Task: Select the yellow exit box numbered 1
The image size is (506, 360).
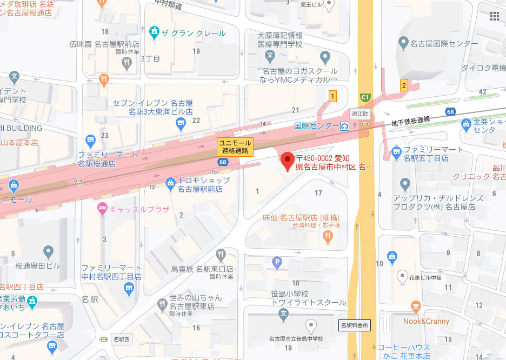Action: pos(332,96)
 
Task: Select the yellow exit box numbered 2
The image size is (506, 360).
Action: pos(403,85)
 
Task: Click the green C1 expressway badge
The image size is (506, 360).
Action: pos(365,98)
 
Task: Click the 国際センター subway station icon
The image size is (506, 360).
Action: pos(344,126)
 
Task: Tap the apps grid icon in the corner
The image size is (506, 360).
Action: pos(494,16)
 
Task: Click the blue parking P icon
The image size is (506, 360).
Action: pos(278,264)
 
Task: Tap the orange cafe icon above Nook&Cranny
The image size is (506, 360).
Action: pos(415,306)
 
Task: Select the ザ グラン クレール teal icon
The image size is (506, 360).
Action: pos(156,32)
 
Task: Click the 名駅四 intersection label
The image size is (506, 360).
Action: pos(121,339)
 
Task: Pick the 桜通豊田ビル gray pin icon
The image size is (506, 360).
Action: pos(49,251)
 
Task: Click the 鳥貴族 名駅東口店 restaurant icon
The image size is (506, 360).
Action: pos(221,255)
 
